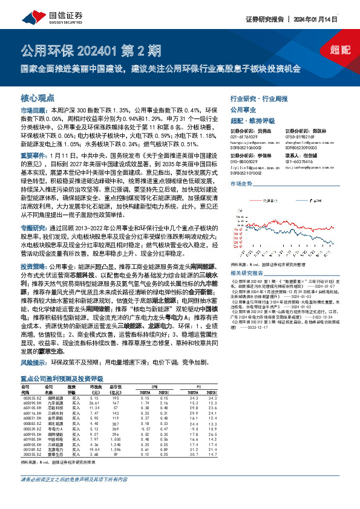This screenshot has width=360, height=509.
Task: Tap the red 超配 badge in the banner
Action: tap(341, 49)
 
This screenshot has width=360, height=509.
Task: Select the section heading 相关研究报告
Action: tap(247, 256)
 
